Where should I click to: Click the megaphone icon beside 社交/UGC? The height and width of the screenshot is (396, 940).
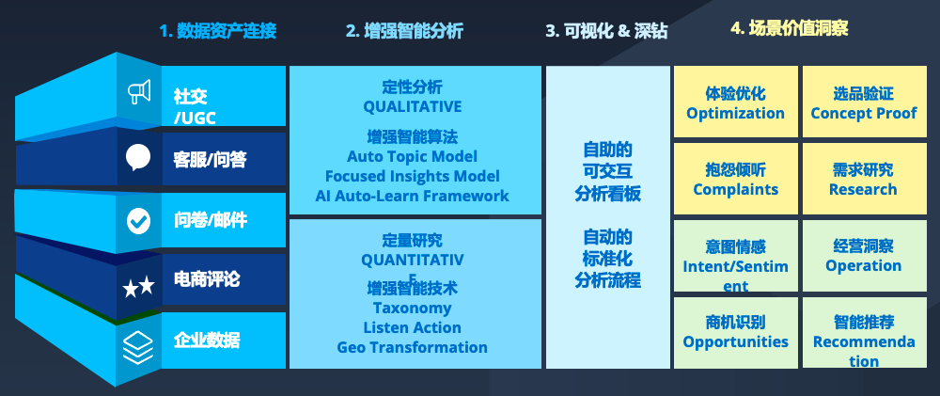pos(139,92)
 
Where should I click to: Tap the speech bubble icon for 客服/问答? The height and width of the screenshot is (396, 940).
pos(138,158)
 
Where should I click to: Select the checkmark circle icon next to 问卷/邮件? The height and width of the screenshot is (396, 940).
pos(138,221)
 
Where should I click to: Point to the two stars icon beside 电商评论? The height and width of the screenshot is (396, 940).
pos(138,288)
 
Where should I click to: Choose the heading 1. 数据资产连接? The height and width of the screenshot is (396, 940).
pos(218,31)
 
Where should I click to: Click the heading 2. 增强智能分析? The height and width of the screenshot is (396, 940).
pos(404,31)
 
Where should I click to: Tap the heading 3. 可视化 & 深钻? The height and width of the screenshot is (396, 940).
pos(606,31)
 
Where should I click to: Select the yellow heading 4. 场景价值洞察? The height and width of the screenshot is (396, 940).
pos(790,27)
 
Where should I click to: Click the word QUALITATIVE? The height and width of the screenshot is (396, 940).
pos(413,107)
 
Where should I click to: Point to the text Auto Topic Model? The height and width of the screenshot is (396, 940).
pos(413,156)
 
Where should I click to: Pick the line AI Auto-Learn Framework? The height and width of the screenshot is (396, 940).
pos(413,196)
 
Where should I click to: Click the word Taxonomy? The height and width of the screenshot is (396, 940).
pos(413,308)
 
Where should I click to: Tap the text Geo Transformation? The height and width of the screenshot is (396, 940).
pos(413,347)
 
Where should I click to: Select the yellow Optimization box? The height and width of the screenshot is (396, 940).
pos(736,102)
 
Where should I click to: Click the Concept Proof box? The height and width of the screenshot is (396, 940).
pos(864,102)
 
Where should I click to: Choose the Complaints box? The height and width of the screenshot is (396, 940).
pos(736,178)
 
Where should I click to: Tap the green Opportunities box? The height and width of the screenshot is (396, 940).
pos(736,332)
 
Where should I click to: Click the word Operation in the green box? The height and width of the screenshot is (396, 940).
pos(864,266)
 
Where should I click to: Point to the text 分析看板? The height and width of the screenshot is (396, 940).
pos(608,193)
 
